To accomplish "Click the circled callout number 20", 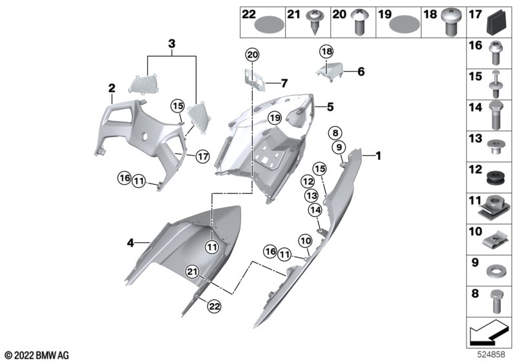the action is [252, 55].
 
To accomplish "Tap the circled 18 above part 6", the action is [326, 52].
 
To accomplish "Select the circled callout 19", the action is [275, 118].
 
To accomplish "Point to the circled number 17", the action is [202, 156].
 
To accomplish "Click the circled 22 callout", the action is [214, 306].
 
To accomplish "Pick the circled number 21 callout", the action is [192, 272].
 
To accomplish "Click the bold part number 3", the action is [172, 43].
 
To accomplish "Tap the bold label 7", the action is [284, 83].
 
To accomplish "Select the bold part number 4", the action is [131, 243].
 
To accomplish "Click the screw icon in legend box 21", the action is [315, 23].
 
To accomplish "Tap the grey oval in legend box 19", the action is [405, 24].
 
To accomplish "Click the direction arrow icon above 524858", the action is [489, 332].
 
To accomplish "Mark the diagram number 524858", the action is [491, 354].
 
